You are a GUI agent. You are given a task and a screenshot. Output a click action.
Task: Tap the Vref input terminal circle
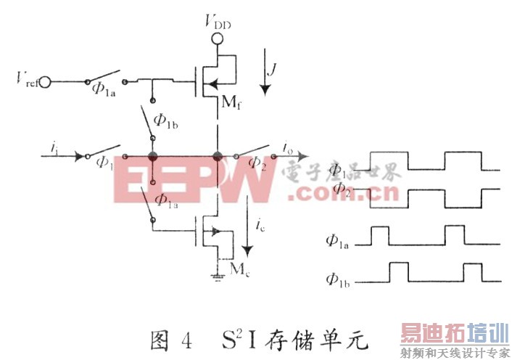point(46,81)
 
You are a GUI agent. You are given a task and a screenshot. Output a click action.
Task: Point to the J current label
point(273,70)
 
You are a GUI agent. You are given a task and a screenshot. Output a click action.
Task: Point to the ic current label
point(261,223)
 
